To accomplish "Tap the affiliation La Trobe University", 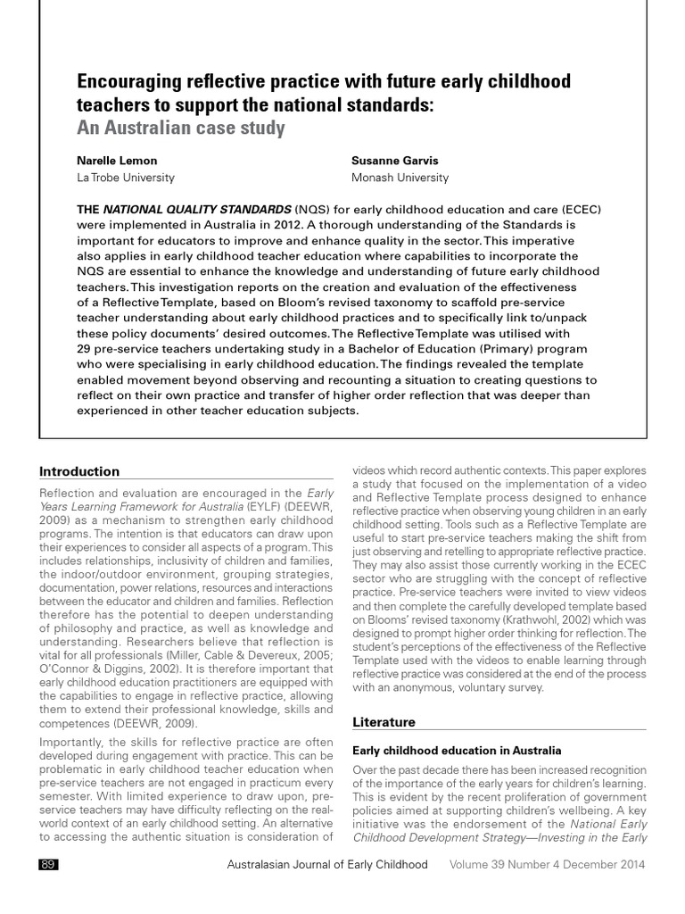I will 126,178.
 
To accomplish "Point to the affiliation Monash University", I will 400,178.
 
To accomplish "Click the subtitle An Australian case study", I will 181,128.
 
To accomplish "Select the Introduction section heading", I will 79,471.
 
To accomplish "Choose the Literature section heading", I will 384,721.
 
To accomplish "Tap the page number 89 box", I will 49,865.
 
